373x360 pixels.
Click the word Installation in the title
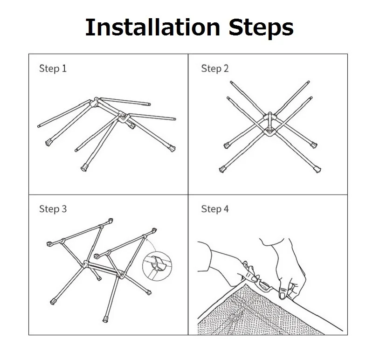[x=152, y=28]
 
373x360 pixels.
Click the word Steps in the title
[x=261, y=28]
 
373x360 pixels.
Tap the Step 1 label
[x=53, y=69]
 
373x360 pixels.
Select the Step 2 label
[x=215, y=69]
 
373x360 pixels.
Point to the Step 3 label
[x=53, y=209]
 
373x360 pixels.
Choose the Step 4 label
[x=215, y=209]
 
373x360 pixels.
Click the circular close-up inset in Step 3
[x=157, y=266]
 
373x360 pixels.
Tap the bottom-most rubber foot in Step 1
[x=84, y=167]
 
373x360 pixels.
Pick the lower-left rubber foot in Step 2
[x=222, y=169]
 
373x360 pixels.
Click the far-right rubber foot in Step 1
[x=172, y=148]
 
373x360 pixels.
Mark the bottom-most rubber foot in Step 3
[x=106, y=319]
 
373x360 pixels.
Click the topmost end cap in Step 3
[x=111, y=221]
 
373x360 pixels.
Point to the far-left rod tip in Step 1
[x=39, y=126]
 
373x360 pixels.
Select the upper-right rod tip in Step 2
[x=308, y=82]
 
